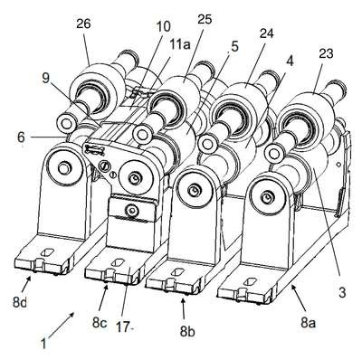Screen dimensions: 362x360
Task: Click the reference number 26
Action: click(x=83, y=24)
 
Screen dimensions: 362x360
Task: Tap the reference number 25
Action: click(x=205, y=20)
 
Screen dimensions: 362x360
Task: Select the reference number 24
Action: click(x=266, y=33)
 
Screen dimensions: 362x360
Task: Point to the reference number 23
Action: click(x=326, y=53)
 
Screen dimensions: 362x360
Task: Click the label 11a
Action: click(x=177, y=45)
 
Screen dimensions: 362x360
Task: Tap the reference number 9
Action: click(x=45, y=79)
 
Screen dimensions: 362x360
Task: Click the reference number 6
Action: click(x=21, y=137)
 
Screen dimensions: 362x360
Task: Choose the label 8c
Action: click(x=100, y=323)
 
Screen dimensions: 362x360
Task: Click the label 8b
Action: click(x=187, y=332)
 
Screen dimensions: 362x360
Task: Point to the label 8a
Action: click(x=308, y=323)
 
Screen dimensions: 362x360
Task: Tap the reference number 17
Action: click(x=123, y=327)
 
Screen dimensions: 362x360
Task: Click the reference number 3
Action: click(x=342, y=293)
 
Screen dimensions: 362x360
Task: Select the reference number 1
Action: click(x=43, y=344)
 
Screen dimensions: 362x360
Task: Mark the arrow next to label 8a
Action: click(x=298, y=298)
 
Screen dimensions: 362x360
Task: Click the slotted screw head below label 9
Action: click(x=105, y=165)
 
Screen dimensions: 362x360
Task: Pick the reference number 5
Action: click(x=234, y=47)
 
